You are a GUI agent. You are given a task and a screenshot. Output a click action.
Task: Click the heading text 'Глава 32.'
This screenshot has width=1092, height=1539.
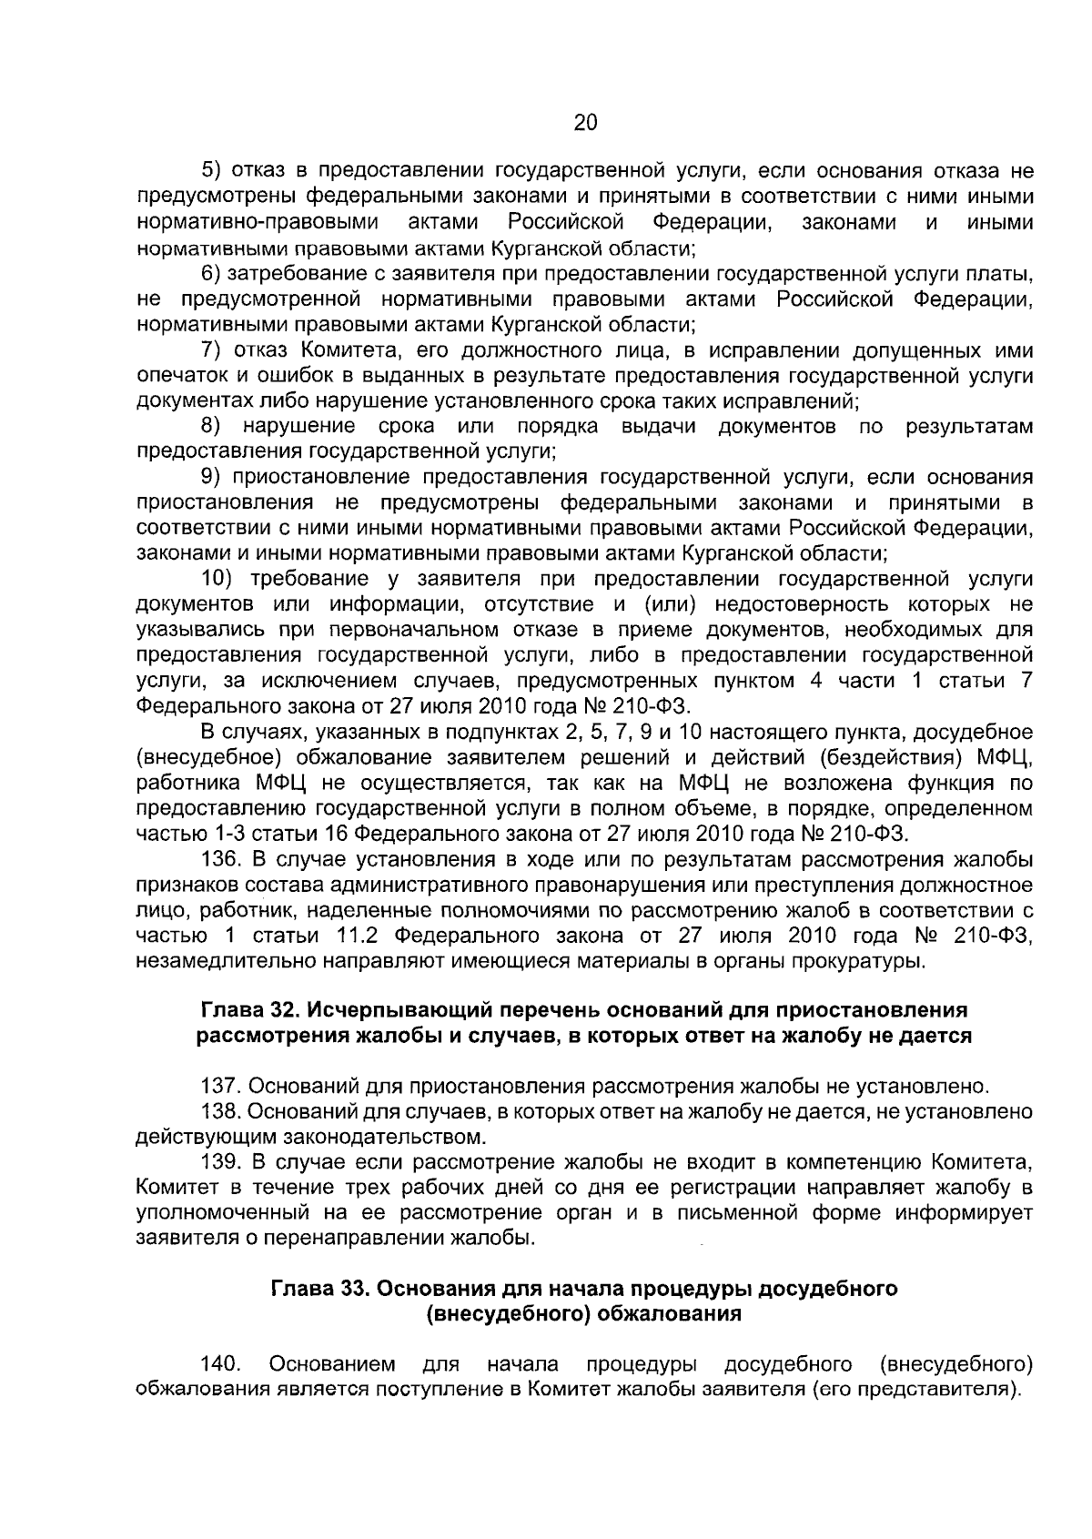point(248,1009)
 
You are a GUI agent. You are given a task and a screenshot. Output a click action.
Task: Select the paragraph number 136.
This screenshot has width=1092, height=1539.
point(218,859)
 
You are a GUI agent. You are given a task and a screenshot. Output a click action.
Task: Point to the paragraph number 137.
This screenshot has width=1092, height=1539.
point(218,1086)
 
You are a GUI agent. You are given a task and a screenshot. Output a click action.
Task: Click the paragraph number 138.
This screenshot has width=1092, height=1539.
point(218,1111)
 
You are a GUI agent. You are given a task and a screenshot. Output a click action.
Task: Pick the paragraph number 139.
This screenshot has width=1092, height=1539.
point(218,1162)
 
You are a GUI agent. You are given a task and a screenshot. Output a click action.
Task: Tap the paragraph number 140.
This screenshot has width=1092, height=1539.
point(219,1364)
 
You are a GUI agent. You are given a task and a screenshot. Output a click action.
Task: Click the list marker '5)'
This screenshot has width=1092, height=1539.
point(211,170)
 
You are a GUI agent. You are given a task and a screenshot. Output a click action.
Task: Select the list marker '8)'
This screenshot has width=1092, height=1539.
point(211,426)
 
